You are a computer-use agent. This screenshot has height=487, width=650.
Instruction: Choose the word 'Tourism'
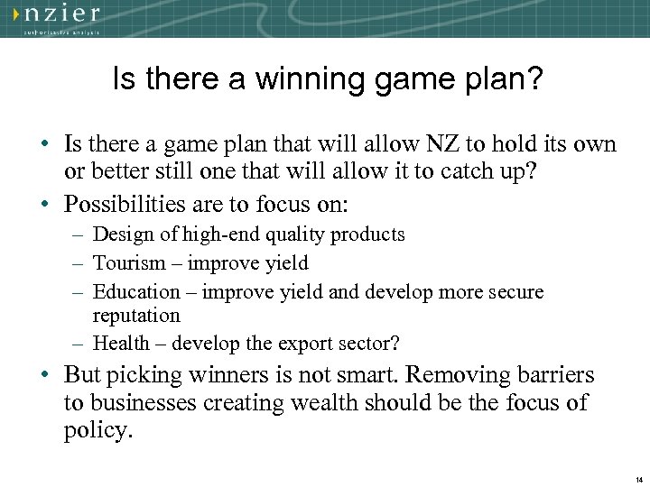[x=130, y=263]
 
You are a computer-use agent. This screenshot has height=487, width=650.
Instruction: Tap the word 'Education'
[x=137, y=292]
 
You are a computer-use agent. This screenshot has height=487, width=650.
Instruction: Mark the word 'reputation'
[x=136, y=316]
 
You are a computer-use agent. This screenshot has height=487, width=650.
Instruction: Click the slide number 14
[x=638, y=479]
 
